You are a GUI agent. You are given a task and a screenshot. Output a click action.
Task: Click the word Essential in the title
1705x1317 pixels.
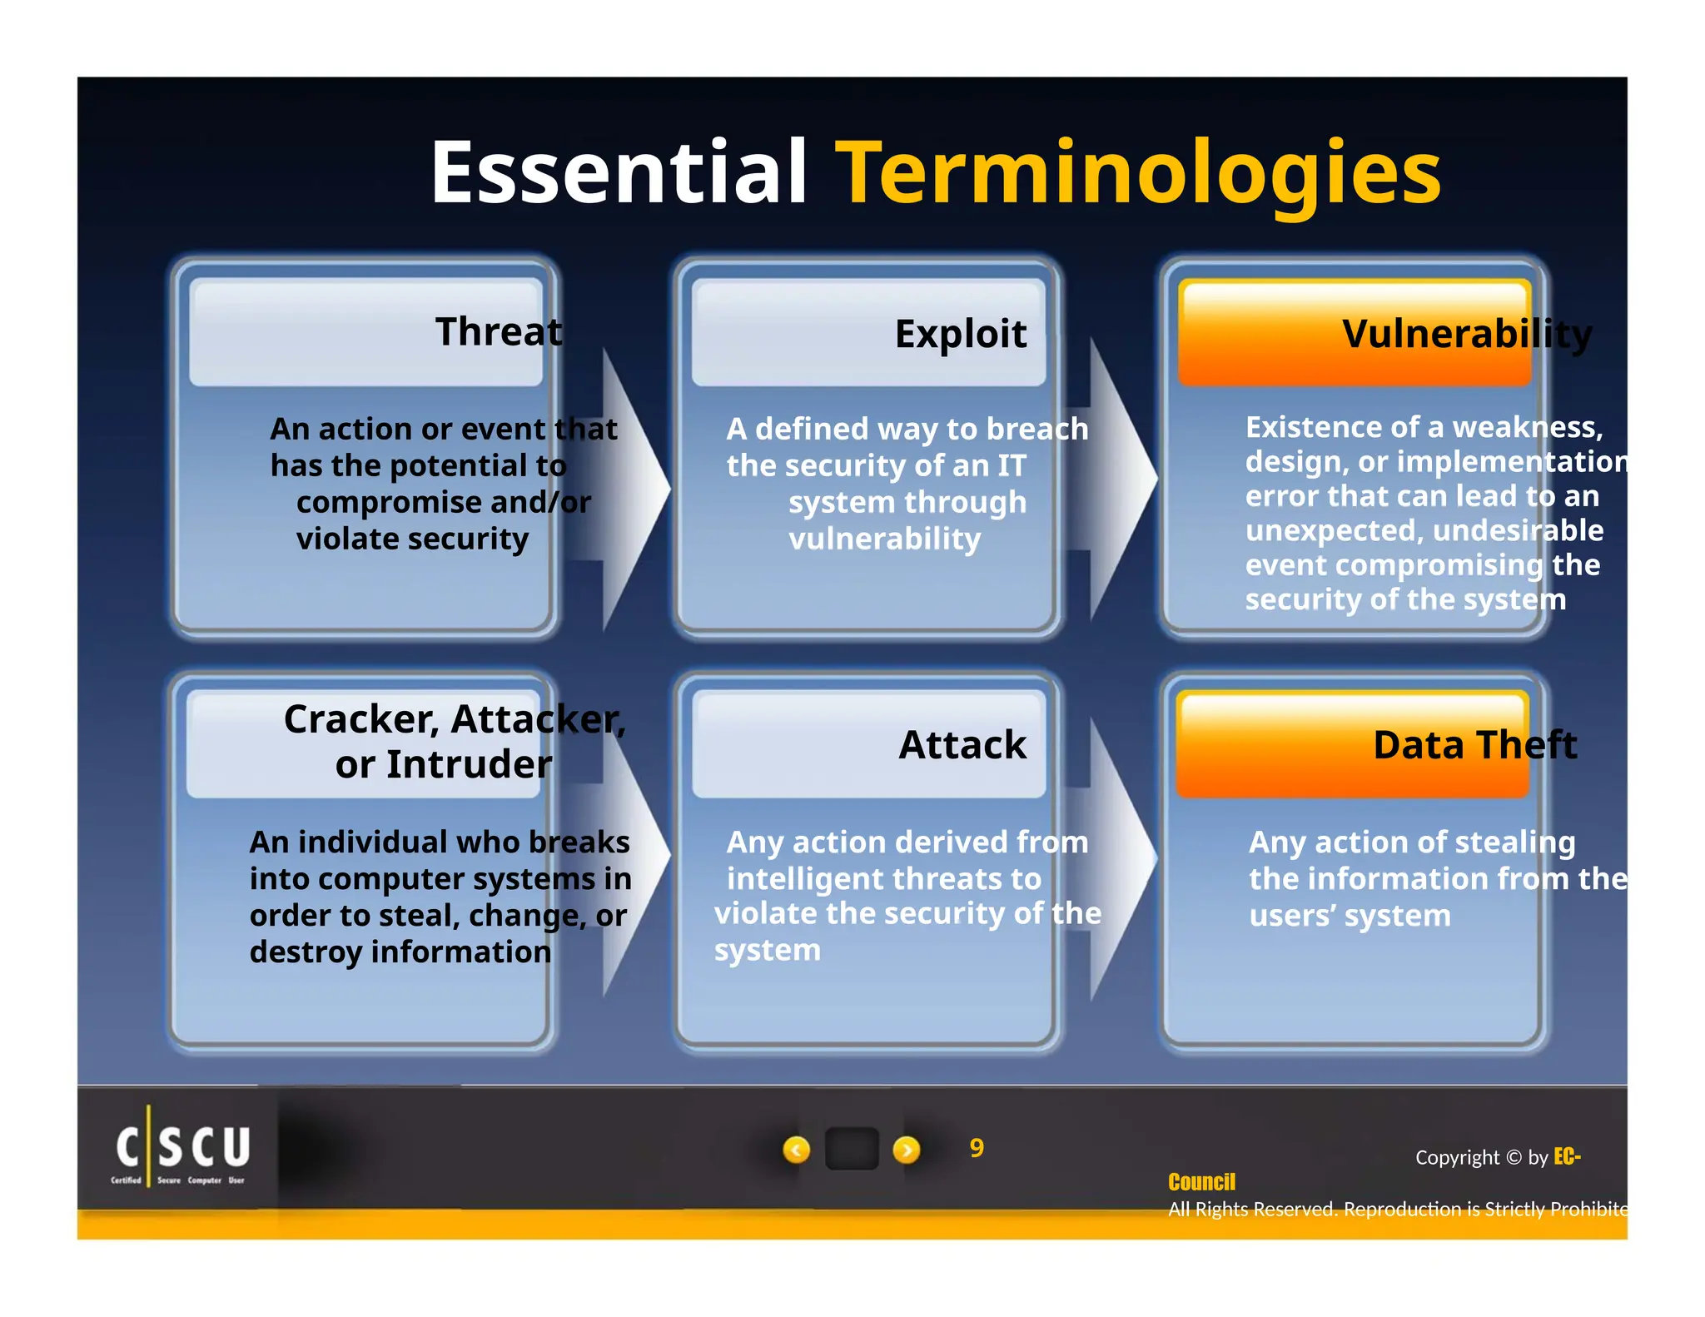(x=618, y=172)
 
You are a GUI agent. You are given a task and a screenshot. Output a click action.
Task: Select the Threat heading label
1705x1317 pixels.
(x=498, y=331)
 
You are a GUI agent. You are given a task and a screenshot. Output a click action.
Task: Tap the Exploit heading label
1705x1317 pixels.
(x=960, y=334)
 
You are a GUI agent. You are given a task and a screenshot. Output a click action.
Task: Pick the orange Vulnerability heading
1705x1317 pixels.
(x=1465, y=334)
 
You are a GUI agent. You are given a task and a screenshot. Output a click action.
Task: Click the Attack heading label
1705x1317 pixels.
(x=962, y=745)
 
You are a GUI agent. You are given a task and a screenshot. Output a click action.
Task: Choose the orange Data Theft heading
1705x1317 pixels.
(x=1474, y=745)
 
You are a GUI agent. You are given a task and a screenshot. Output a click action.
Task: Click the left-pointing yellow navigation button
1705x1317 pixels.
(x=796, y=1150)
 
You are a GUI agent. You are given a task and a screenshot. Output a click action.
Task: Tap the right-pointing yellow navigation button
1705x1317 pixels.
(x=906, y=1150)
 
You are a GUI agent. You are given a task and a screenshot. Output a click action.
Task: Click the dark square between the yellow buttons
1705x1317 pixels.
(x=851, y=1149)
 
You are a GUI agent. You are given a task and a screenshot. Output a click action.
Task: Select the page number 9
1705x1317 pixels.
(x=977, y=1148)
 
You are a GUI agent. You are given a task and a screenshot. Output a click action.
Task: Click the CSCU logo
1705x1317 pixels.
(x=181, y=1151)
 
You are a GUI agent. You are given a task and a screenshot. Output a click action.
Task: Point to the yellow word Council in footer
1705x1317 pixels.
(x=1200, y=1182)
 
